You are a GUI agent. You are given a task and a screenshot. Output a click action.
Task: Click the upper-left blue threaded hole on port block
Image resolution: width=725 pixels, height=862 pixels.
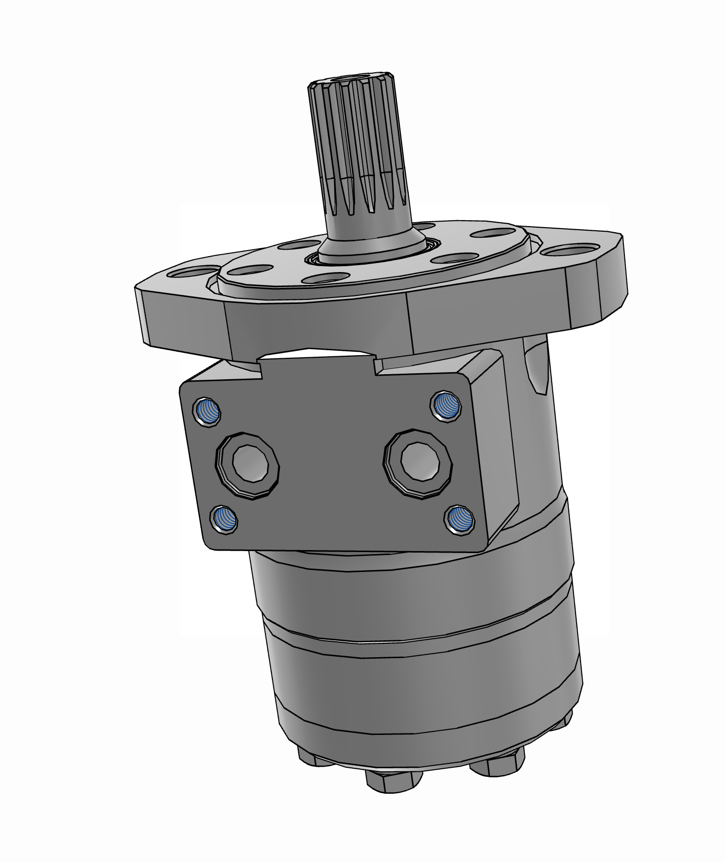point(207,412)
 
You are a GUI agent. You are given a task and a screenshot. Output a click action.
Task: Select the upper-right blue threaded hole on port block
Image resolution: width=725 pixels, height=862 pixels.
point(444,405)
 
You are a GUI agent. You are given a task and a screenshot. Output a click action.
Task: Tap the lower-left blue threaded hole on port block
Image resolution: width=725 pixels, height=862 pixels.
point(224,520)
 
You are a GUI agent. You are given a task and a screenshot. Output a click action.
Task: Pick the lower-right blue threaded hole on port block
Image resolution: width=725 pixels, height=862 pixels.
point(458,520)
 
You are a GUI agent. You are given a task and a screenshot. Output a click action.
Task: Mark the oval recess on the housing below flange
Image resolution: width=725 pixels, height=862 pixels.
point(538,369)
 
